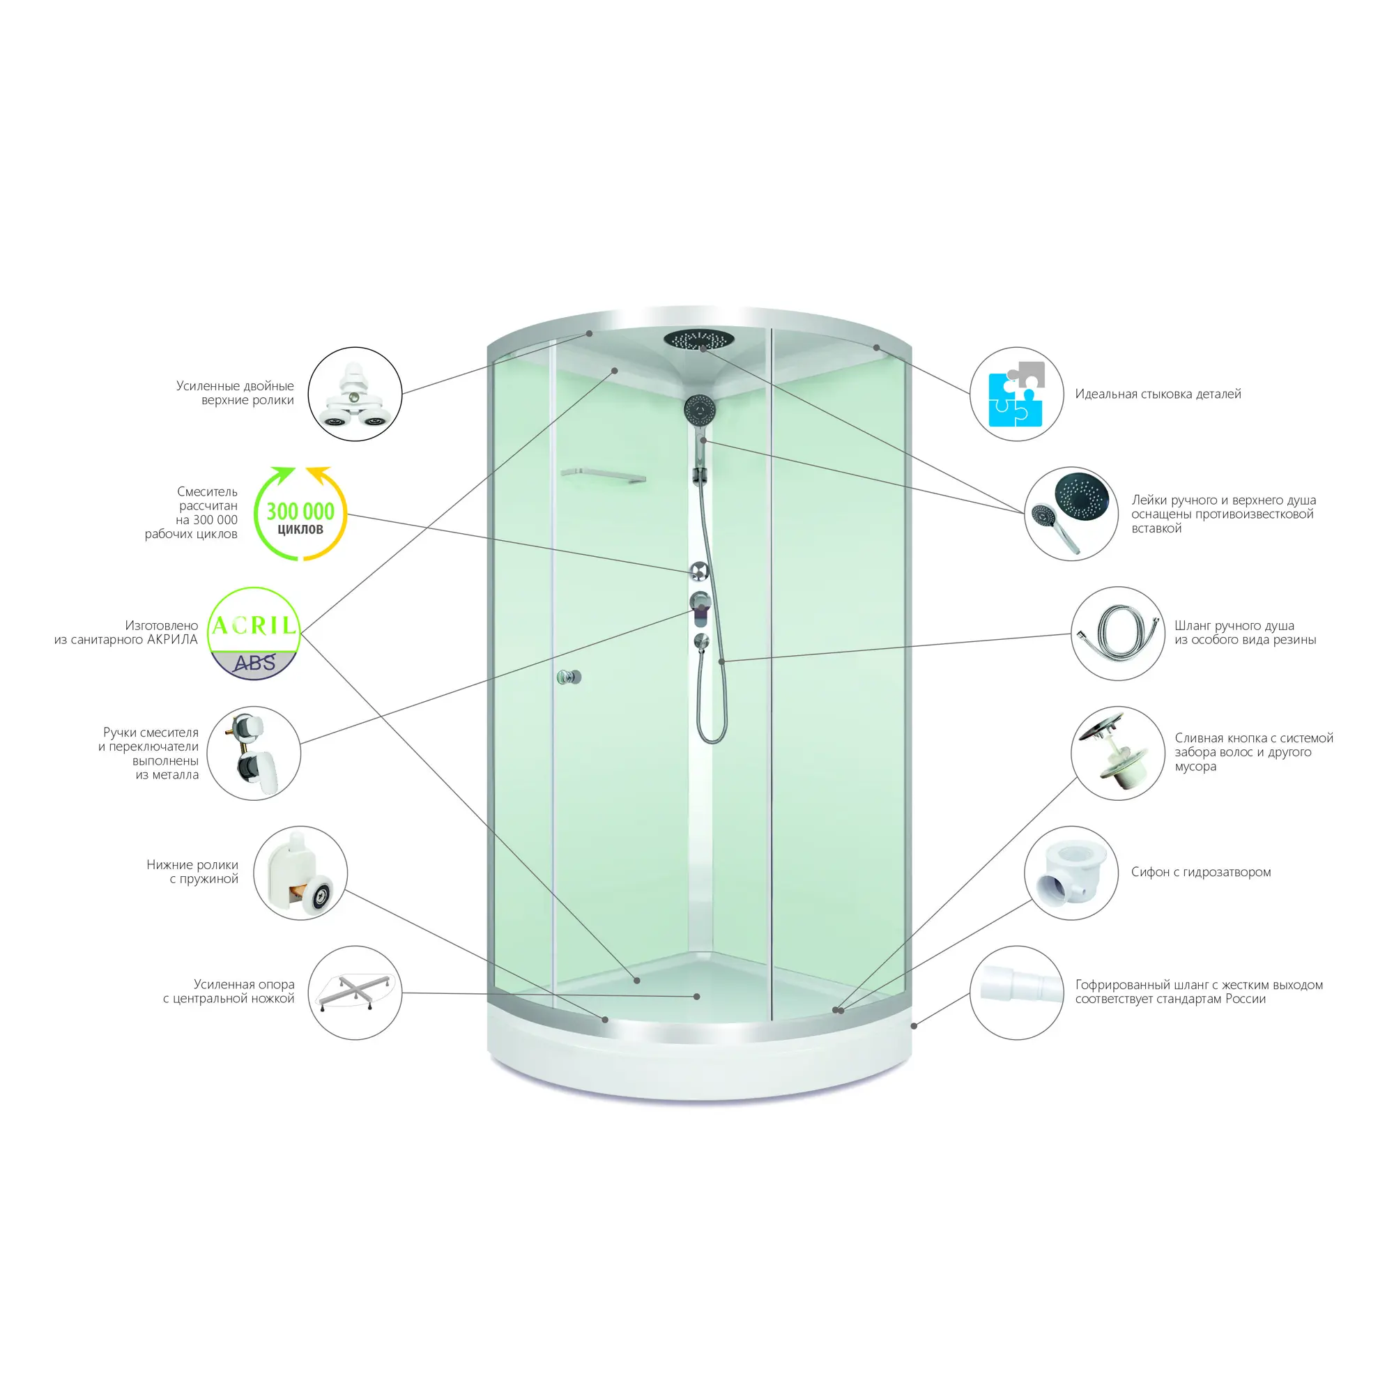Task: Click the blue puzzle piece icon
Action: click(x=1016, y=394)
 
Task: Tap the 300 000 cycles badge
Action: click(x=300, y=514)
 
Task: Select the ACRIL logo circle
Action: click(x=254, y=634)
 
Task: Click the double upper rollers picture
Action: click(x=355, y=394)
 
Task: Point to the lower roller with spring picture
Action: click(x=300, y=873)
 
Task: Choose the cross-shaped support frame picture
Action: click(x=355, y=993)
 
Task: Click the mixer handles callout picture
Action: click(x=254, y=753)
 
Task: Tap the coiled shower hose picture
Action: click(x=1118, y=634)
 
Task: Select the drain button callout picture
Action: click(x=1118, y=753)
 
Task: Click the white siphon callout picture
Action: click(x=1071, y=873)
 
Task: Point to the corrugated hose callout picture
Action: click(x=1017, y=993)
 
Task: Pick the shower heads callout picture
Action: click(x=1071, y=514)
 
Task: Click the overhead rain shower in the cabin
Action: click(x=698, y=339)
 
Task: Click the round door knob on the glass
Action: click(x=569, y=677)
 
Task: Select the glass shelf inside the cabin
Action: click(x=603, y=475)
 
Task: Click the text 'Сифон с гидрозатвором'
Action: click(x=1201, y=873)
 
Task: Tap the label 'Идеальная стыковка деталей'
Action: click(x=1158, y=394)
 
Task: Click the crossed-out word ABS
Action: click(x=254, y=662)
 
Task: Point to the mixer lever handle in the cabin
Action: click(x=700, y=608)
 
